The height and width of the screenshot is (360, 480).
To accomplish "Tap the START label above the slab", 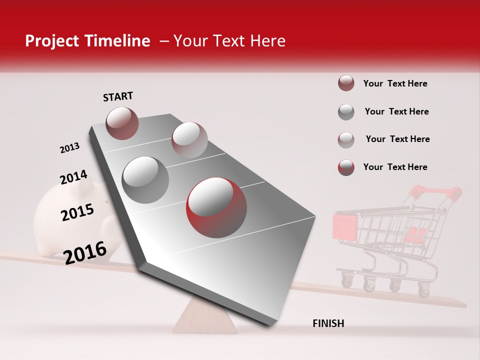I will tap(118, 96).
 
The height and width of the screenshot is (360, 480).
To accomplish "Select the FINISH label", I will tap(328, 323).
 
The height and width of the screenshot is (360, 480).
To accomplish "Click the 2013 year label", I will tap(69, 148).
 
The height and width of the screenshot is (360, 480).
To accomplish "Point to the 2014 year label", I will tap(73, 177).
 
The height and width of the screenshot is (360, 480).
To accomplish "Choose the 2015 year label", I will tap(77, 212).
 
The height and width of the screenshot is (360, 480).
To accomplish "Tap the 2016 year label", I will tap(85, 252).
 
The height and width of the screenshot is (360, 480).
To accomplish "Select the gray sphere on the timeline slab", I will tap(145, 180).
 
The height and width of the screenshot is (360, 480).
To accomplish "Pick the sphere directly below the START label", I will tap(122, 123).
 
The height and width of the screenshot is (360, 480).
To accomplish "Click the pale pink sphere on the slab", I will tap(189, 140).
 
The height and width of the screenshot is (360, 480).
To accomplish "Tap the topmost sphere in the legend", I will tap(346, 83).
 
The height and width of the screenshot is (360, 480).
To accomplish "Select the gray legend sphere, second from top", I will tap(346, 112).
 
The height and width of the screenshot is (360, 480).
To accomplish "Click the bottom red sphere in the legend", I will tap(346, 167).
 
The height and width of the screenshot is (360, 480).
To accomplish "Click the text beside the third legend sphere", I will tap(397, 139).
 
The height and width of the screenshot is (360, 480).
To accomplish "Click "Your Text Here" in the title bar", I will tap(229, 41).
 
